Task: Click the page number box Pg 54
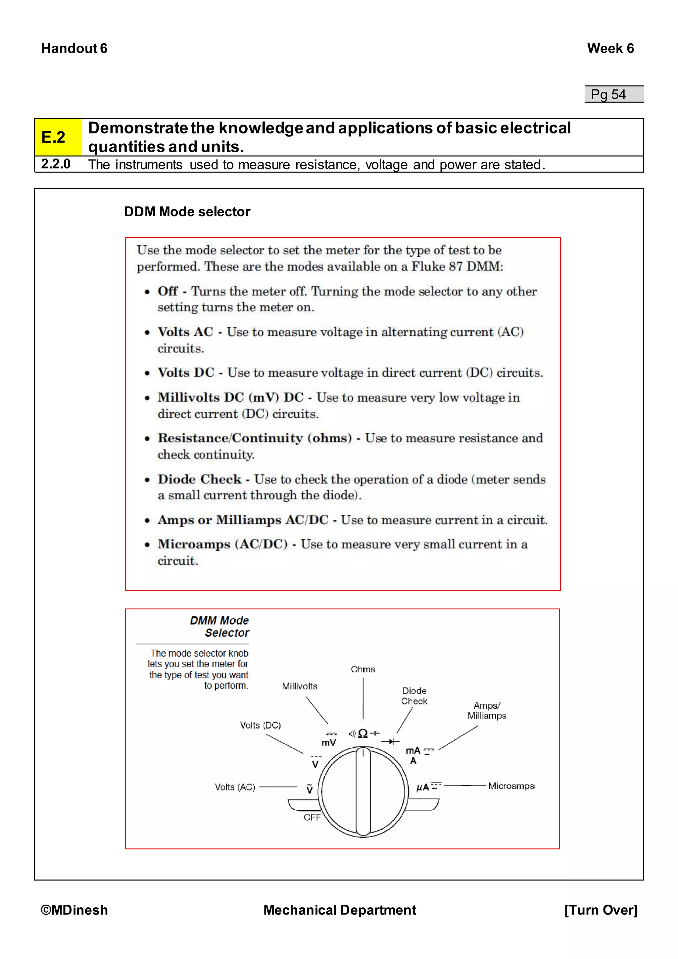coord(613,94)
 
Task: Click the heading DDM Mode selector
coord(187,212)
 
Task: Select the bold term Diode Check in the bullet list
coord(200,479)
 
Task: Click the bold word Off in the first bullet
coord(168,291)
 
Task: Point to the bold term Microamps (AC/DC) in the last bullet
coord(222,544)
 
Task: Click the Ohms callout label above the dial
coord(363,670)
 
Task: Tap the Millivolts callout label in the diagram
coord(299,686)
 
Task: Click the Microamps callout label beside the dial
coord(511,786)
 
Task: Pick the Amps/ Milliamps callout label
coord(486,711)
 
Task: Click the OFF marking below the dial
coord(312,817)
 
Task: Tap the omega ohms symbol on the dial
coord(363,734)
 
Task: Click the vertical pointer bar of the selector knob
coord(363,791)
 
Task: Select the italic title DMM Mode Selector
coord(220,627)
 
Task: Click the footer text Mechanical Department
coord(339,910)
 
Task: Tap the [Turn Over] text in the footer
coord(601,910)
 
